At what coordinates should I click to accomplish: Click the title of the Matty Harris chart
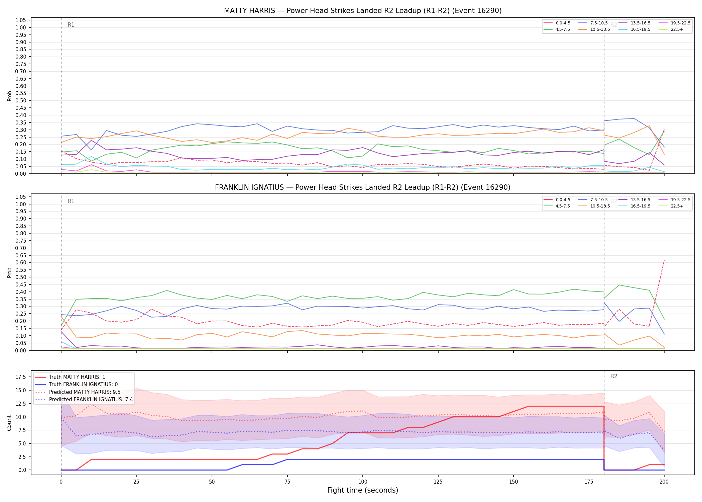[x=363, y=11]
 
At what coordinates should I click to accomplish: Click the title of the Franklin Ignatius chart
[x=363, y=187]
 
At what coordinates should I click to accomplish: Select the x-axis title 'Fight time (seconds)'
[x=363, y=490]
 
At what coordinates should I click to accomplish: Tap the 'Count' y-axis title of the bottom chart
[x=9, y=423]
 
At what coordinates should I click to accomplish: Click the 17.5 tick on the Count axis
[x=21, y=377]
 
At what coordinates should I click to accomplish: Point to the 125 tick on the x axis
[x=438, y=482]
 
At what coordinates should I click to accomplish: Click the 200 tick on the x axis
[x=664, y=482]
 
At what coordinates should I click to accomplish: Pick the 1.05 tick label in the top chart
[x=21, y=20]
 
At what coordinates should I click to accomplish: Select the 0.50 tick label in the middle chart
[x=21, y=277]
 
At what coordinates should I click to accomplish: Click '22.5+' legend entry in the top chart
[x=677, y=29]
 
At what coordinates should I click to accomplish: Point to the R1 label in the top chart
[x=71, y=25]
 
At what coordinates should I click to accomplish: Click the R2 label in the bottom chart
[x=614, y=376]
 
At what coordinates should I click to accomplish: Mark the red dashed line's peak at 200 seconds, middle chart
[x=664, y=260]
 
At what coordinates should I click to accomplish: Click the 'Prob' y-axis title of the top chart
[x=9, y=96]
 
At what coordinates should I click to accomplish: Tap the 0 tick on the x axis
[x=61, y=482]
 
